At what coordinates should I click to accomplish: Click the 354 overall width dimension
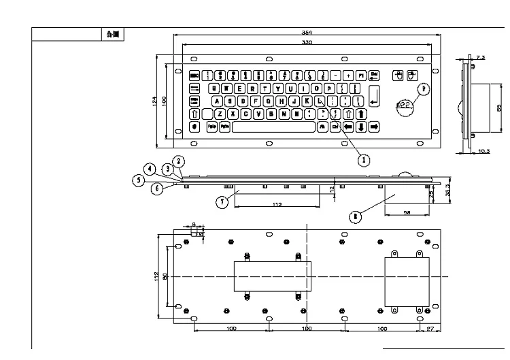[x=307, y=33]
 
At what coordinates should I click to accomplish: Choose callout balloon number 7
[x=220, y=201]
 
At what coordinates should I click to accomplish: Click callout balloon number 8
[x=354, y=217]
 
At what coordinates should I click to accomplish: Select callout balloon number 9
[x=424, y=88]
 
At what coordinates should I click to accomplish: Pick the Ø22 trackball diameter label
[x=405, y=105]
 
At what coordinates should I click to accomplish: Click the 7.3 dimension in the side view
[x=481, y=58]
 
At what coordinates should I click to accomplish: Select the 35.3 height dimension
[x=447, y=193]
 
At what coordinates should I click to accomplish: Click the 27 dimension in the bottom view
[x=429, y=329]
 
